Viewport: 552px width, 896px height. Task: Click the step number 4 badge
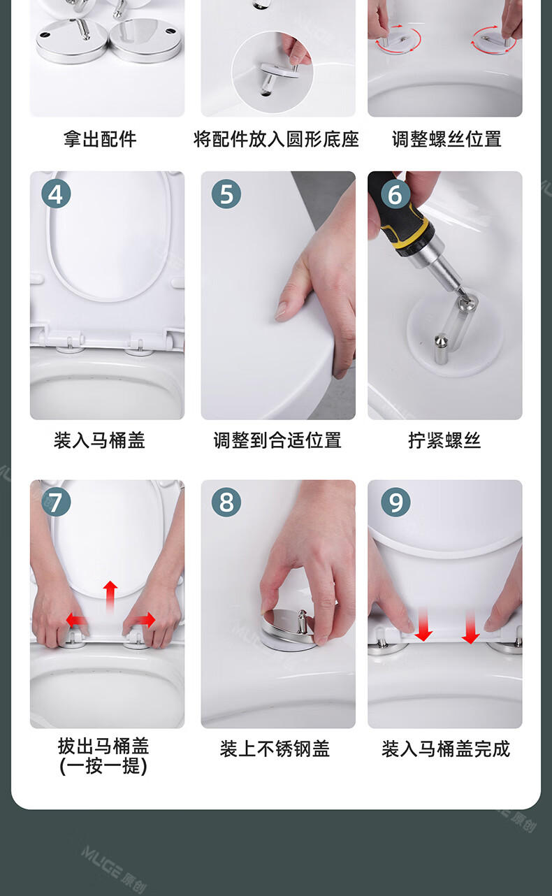click(x=56, y=194)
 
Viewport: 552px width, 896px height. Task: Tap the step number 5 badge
click(x=226, y=194)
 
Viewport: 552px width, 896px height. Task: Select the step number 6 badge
click(x=395, y=194)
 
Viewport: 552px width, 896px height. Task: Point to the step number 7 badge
click(x=56, y=502)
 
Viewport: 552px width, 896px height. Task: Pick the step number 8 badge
click(x=226, y=502)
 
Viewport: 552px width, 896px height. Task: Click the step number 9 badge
click(x=395, y=502)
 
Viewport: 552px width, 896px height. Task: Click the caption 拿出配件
click(x=100, y=139)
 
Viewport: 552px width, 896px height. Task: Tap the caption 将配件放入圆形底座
click(x=276, y=139)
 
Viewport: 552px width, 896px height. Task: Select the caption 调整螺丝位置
click(x=446, y=139)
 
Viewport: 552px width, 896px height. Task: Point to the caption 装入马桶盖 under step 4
click(x=100, y=440)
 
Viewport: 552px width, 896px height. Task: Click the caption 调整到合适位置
click(x=277, y=440)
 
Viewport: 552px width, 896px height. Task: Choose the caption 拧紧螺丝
click(x=444, y=440)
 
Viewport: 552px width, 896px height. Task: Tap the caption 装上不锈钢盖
click(x=275, y=749)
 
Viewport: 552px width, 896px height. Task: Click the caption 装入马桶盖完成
click(x=446, y=749)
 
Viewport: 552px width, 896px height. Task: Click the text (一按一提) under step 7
click(x=103, y=766)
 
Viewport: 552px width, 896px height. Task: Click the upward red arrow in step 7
click(x=110, y=597)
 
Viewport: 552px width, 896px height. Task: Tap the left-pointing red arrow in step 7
click(x=76, y=621)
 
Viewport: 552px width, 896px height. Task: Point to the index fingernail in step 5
click(x=282, y=311)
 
